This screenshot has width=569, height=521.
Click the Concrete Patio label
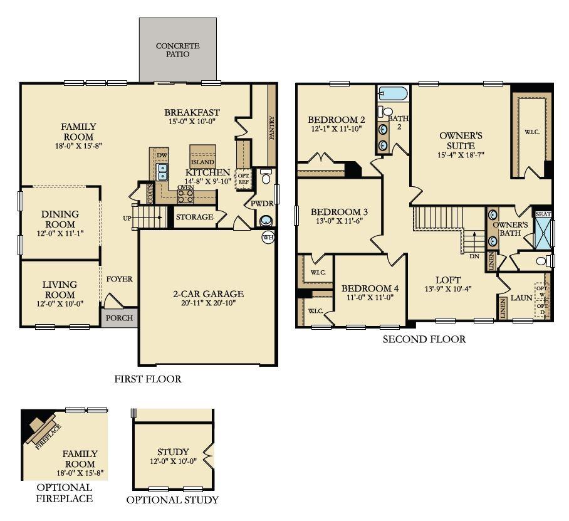coord(177,50)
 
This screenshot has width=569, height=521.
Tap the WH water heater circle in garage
coord(268,237)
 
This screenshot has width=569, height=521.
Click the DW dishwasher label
coord(162,155)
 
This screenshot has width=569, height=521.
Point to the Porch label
coord(119,318)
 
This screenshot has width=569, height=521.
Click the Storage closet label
coord(194,217)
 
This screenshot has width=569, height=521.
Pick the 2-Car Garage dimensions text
coord(208,304)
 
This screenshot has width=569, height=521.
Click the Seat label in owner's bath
coord(543,214)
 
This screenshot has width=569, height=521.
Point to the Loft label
coord(448,280)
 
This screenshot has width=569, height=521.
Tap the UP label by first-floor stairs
coord(128,218)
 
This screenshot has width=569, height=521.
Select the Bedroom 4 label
coord(370,288)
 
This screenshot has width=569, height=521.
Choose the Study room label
coord(173,451)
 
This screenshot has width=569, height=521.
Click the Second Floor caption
coord(424,339)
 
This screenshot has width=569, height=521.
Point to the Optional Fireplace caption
coord(64,493)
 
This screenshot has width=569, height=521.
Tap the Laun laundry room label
coord(521,298)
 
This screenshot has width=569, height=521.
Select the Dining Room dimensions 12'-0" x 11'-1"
coord(60,233)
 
